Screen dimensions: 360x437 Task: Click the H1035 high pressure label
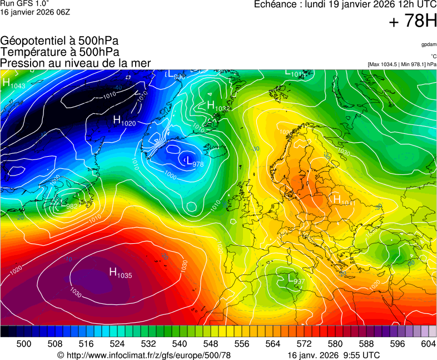(x=120, y=273)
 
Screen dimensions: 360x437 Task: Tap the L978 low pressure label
(x=191, y=162)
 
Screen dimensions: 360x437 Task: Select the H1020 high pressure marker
(x=124, y=121)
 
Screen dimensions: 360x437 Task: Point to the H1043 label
(x=13, y=83)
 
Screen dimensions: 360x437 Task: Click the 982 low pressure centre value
(x=72, y=207)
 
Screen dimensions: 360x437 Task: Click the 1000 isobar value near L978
(x=170, y=176)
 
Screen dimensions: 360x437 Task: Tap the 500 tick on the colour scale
(x=24, y=344)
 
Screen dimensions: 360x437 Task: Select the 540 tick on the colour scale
(x=180, y=344)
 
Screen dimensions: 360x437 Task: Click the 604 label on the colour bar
(x=428, y=344)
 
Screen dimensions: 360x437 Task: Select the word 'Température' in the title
(x=32, y=52)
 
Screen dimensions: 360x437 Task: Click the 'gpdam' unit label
(x=429, y=44)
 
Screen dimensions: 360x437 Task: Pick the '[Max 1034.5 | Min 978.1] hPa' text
(x=402, y=64)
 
